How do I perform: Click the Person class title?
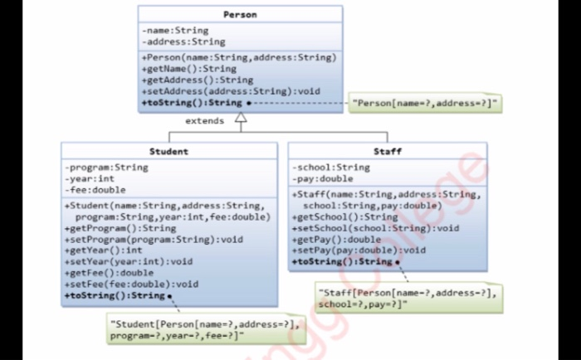(240, 15)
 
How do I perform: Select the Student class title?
(168, 152)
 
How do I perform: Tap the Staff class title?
(387, 152)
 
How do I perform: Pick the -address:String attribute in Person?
(183, 41)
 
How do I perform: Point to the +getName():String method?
(189, 69)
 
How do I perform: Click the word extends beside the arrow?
(204, 121)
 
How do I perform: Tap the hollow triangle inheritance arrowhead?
(241, 119)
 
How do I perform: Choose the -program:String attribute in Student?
(107, 168)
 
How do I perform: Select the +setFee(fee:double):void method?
(131, 284)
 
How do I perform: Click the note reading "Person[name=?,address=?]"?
(426, 103)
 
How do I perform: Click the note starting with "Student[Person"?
(205, 329)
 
